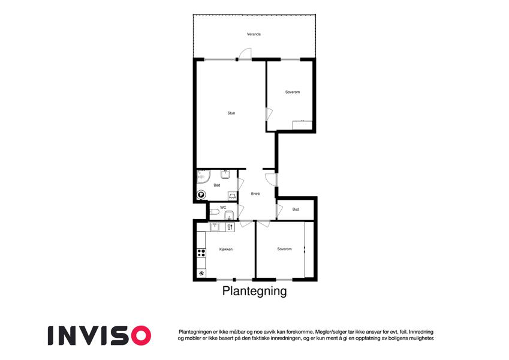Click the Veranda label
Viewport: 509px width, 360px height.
pos(254,34)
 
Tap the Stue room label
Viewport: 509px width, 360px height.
pos(231,113)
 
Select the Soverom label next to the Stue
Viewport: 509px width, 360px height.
pos(293,92)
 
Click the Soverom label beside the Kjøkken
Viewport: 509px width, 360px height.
pos(284,249)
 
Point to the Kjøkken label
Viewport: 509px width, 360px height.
pos(226,249)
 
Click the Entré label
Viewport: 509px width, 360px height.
pos(255,194)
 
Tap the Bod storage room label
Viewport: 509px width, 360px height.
pos(296,209)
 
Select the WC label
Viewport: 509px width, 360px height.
pos(223,207)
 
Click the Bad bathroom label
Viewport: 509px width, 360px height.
pos(217,185)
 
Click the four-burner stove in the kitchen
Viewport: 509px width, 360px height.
pos(201,253)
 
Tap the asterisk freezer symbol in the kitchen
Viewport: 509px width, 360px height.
pos(201,274)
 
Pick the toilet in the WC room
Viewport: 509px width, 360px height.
pos(214,212)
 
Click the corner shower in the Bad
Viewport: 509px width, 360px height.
pos(203,176)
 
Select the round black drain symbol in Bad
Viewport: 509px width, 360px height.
pos(201,195)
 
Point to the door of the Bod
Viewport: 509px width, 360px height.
pos(279,211)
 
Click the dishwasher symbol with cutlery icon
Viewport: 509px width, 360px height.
pos(230,227)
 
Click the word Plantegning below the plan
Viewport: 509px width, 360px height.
pos(254,291)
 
